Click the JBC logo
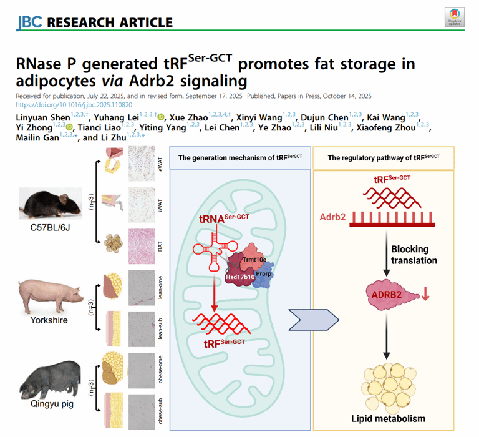tap(29, 22)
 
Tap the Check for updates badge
tap(453, 17)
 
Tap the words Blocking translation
tap(414, 255)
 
